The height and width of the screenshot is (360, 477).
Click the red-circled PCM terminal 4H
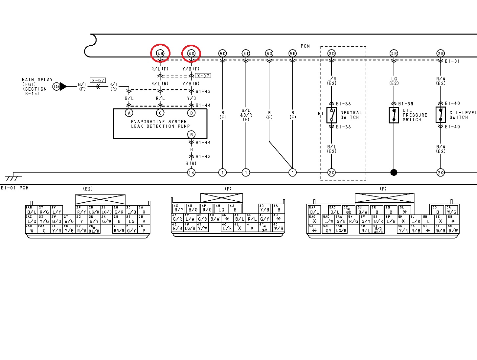click(x=160, y=53)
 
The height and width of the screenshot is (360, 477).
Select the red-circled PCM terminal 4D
click(x=191, y=53)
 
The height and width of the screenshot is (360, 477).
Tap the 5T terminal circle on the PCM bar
click(x=246, y=53)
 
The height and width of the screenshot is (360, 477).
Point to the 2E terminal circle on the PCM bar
click(x=394, y=53)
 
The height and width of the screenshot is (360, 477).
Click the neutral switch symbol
click(x=331, y=115)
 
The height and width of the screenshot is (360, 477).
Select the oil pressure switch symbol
click(x=394, y=115)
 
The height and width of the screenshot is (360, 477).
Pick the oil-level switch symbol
click(x=441, y=115)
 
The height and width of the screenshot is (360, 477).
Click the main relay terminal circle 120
click(x=57, y=87)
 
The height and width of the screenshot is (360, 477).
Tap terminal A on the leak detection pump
click(x=129, y=113)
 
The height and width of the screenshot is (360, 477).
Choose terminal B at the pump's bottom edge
click(x=191, y=134)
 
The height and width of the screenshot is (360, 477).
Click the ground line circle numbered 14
click(x=191, y=172)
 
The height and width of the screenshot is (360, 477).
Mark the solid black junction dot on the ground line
click(x=394, y=172)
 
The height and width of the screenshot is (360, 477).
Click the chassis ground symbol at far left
click(x=13, y=177)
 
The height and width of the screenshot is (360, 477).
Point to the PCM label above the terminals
click(x=305, y=46)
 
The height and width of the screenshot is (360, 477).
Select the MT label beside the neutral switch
click(x=321, y=114)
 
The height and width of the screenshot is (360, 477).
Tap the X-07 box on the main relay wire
click(x=98, y=80)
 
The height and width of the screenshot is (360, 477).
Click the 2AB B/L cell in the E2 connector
click(x=32, y=210)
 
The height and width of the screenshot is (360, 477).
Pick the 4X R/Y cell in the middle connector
click(x=179, y=208)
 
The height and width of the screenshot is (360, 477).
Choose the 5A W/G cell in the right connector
click(x=452, y=210)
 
